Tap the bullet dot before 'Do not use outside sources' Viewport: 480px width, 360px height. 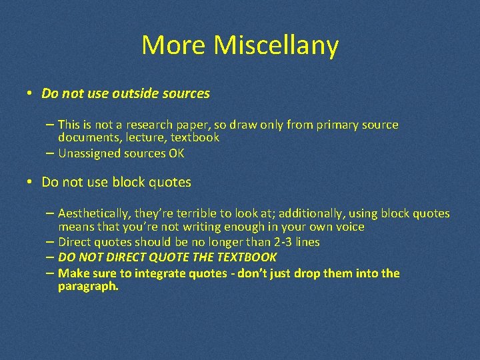(31, 93)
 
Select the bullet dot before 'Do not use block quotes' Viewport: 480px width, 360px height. (31, 182)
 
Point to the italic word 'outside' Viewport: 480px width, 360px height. (134, 94)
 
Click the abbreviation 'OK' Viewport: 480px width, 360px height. (176, 153)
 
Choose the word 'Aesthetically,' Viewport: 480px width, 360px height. (95, 213)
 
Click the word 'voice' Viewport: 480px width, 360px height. (349, 227)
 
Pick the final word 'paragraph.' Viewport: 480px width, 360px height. (88, 286)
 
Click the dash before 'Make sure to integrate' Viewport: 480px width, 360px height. (51, 273)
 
